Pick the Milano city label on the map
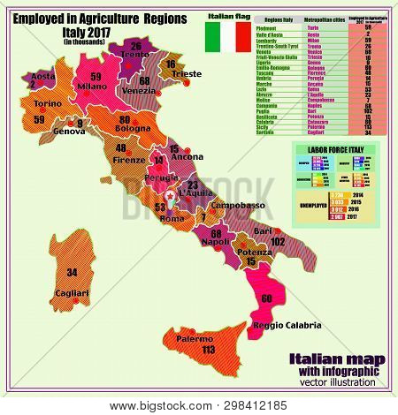pyautogui.click(x=92, y=87)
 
